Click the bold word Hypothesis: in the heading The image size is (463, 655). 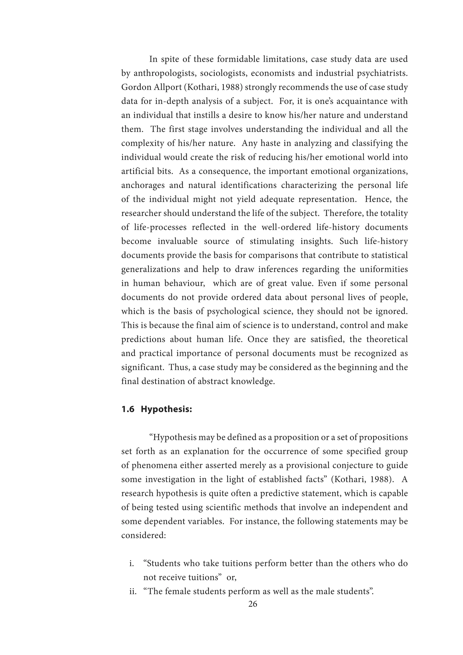pyautogui.click(x=166, y=409)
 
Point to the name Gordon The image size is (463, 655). pyautogui.click(x=137, y=87)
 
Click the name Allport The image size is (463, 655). pyautogui.click(x=168, y=87)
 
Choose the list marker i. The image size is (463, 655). pyautogui.click(x=132, y=563)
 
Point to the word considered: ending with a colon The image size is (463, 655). pyautogui.click(x=143, y=535)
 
